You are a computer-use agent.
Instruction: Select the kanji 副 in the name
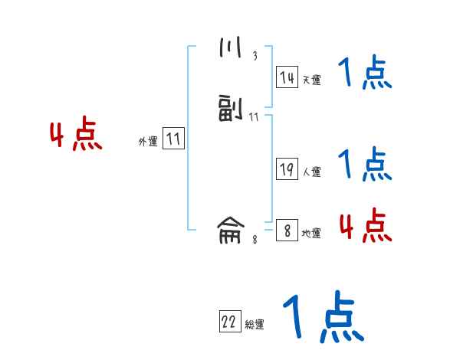(229, 110)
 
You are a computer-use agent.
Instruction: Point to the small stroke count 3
(255, 56)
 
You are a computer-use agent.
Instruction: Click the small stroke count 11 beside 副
(255, 117)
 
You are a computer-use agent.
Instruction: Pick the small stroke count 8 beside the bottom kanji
(255, 239)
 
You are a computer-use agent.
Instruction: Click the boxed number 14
(287, 77)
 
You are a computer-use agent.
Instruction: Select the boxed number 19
(287, 170)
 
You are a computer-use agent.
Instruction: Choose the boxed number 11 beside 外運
(173, 139)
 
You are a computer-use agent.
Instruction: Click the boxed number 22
(229, 322)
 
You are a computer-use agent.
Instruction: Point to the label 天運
(312, 80)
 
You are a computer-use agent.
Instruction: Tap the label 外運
(148, 142)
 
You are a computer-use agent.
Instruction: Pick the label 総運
(255, 325)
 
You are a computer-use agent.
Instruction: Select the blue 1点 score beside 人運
(365, 163)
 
